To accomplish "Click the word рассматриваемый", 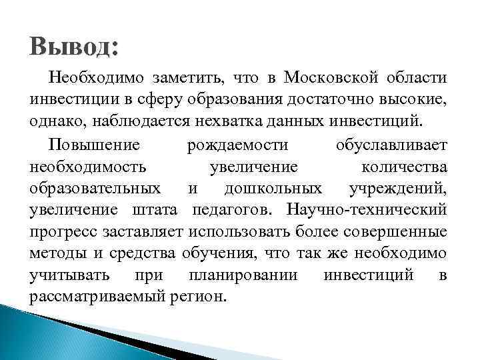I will (x=94, y=297).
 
